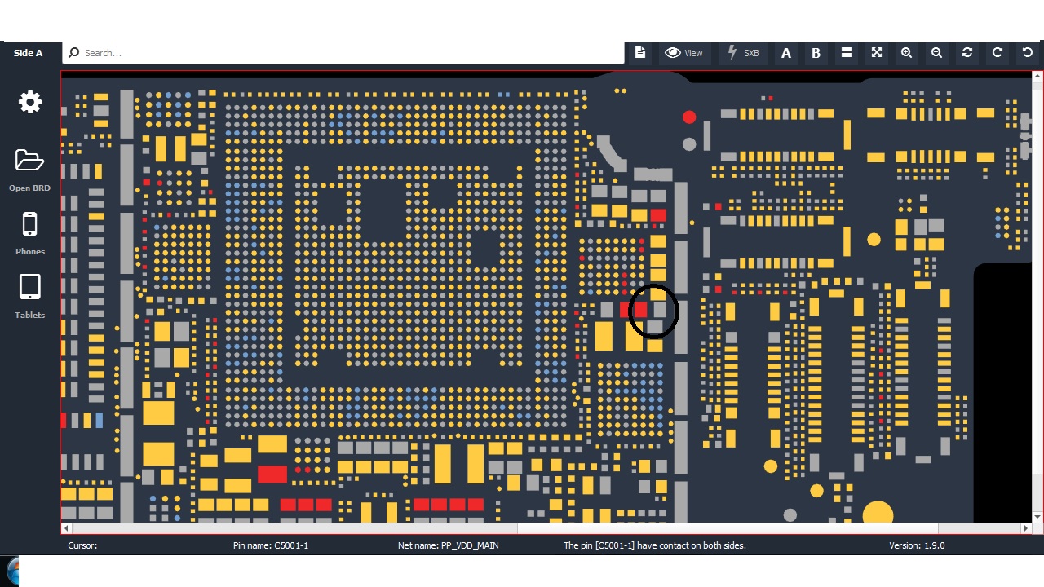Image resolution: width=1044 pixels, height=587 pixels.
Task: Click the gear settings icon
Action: [30, 102]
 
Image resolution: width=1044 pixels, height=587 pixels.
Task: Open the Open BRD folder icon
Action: [29, 161]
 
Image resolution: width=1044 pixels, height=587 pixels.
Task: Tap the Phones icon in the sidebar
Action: [29, 224]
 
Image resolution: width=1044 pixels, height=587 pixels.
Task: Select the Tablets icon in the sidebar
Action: [29, 287]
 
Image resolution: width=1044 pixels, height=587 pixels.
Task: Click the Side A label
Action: [28, 53]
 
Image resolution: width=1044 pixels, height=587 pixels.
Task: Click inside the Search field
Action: [343, 53]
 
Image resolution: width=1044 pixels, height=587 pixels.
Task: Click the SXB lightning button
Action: [743, 53]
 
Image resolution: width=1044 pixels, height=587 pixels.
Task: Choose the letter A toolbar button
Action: [786, 53]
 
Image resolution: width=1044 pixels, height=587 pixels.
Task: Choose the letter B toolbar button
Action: [816, 53]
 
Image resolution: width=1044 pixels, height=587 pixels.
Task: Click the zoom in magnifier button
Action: [906, 53]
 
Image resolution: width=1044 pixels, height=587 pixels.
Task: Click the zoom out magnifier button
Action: [936, 53]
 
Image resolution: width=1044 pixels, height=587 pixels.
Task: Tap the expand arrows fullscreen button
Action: [877, 53]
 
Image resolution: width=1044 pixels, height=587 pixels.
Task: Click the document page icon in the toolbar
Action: [640, 53]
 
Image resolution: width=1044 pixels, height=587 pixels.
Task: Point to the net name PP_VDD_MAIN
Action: [469, 545]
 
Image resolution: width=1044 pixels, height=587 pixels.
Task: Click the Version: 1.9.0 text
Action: [917, 545]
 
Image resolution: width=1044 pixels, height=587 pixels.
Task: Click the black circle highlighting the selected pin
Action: [653, 311]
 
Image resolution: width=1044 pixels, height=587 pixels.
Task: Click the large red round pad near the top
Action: [689, 117]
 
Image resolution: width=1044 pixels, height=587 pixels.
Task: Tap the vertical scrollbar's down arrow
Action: [1037, 517]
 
